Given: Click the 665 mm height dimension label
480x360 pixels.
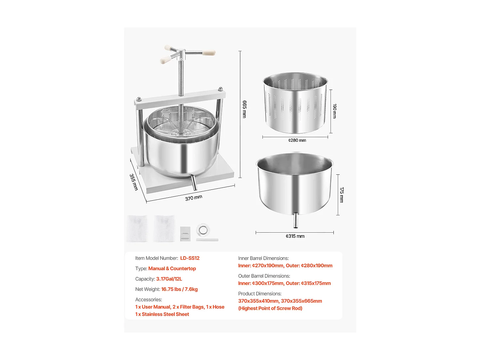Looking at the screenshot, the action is click(244, 109).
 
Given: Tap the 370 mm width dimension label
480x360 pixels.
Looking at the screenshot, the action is click(194, 198).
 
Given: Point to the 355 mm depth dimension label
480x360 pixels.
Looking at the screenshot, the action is click(134, 182).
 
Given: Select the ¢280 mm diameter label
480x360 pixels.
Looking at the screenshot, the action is click(297, 140).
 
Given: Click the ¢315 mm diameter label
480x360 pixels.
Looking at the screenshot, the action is click(295, 236).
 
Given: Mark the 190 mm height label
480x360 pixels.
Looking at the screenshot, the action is click(334, 111).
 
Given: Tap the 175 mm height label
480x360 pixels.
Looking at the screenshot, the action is click(341, 195).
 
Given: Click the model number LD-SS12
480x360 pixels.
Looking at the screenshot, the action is click(189, 258).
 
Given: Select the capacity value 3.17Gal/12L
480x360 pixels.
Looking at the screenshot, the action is click(169, 279).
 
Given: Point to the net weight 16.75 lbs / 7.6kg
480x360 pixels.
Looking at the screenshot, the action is click(179, 289).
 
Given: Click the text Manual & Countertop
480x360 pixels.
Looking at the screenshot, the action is click(172, 268).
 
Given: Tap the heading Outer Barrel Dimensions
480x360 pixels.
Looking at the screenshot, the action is click(264, 276).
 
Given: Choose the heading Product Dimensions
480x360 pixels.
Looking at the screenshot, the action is click(260, 293).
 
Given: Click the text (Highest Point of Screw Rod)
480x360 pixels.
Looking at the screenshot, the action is click(270, 308).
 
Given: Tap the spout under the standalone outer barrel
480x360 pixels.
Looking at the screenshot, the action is click(295, 220).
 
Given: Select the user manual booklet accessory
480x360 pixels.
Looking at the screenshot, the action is click(185, 234).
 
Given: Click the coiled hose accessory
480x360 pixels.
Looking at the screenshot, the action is click(203, 230).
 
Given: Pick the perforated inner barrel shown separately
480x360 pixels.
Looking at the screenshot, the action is click(295, 103).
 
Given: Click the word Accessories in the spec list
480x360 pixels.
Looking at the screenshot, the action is click(148, 300).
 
